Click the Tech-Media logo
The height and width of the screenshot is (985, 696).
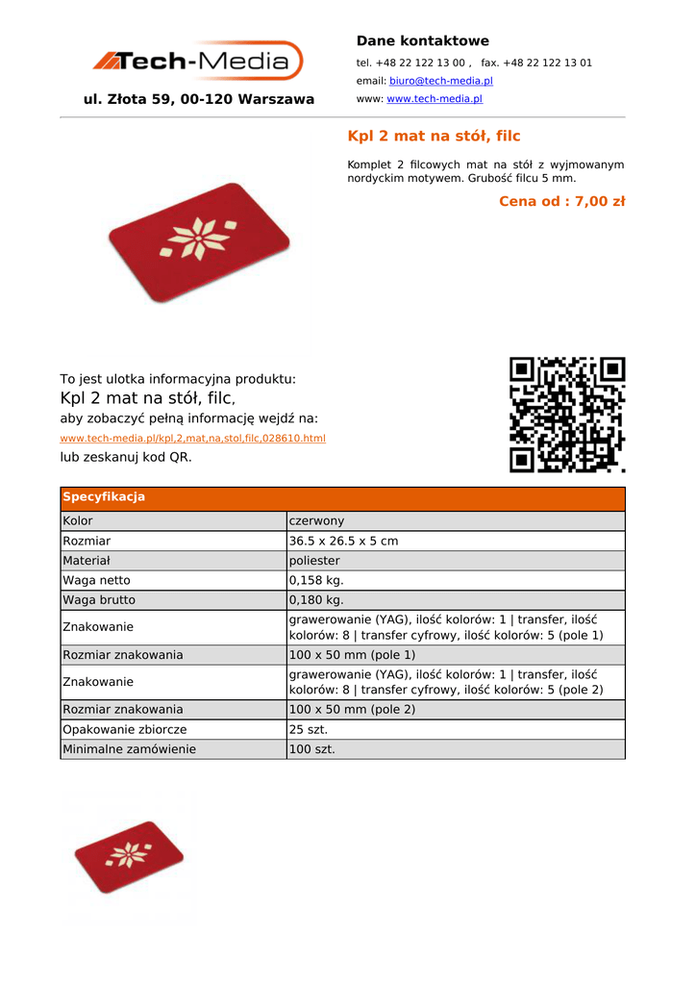click(197, 62)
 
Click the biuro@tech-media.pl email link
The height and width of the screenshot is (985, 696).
click(440, 81)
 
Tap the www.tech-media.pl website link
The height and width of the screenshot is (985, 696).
click(434, 98)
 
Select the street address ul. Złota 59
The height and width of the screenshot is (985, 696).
click(199, 99)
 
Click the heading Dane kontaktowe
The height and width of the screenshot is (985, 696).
click(422, 40)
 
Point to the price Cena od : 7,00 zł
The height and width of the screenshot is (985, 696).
click(561, 201)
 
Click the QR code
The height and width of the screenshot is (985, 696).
click(567, 415)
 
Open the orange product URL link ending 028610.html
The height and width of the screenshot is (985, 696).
click(192, 438)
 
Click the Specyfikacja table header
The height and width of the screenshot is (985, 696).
click(104, 497)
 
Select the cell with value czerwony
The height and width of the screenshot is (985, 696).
click(316, 521)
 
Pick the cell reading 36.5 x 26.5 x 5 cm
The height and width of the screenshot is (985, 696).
click(343, 541)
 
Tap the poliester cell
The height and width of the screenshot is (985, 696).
click(314, 561)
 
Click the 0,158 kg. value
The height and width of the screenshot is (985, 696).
click(316, 580)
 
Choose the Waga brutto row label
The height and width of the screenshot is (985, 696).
click(99, 600)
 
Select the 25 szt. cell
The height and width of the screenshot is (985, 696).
click(309, 730)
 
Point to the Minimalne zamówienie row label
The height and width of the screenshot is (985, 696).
click(129, 749)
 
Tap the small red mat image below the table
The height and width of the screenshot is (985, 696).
click(129, 856)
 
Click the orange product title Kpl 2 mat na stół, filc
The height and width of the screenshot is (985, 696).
click(434, 137)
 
